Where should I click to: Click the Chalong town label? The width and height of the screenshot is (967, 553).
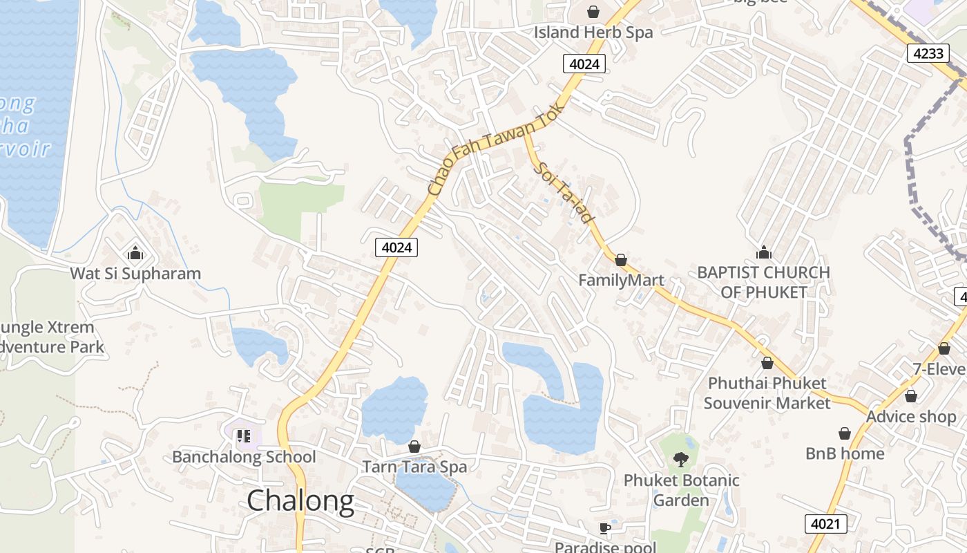(x=300, y=500)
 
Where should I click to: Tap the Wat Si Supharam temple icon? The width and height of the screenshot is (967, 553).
(x=135, y=253)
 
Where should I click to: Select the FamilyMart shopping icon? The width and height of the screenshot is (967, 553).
(x=621, y=260)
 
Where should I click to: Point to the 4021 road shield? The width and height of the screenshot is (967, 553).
(x=825, y=524)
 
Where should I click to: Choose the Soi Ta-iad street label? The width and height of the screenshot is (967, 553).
(x=564, y=192)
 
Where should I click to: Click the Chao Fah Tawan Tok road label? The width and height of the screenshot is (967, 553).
(x=496, y=148)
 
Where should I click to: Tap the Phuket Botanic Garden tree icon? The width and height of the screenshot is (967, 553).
(x=681, y=459)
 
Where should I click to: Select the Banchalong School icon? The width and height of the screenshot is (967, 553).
(x=242, y=436)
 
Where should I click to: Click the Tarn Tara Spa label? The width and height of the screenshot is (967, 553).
(x=414, y=467)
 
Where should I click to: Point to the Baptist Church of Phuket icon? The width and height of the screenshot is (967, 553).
(x=764, y=252)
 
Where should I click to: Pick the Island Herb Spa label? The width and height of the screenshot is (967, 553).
(x=593, y=32)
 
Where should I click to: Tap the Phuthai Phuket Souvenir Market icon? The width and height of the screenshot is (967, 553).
(x=767, y=363)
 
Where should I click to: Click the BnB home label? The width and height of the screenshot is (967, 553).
(x=845, y=453)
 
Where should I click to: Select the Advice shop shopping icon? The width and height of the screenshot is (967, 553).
(x=911, y=396)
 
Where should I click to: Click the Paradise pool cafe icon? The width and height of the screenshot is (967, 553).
(x=605, y=529)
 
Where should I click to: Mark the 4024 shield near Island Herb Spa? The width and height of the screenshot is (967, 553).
(x=584, y=64)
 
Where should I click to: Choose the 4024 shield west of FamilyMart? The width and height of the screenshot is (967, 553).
(x=397, y=247)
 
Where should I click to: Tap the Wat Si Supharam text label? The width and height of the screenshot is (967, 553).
(x=135, y=273)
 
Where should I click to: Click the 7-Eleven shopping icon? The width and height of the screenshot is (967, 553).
(x=944, y=348)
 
